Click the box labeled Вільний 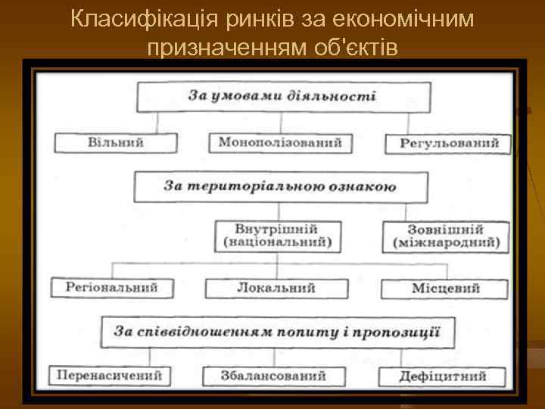click(x=116, y=142)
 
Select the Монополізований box click(x=279, y=142)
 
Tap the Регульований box click(x=449, y=142)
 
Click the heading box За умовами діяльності click(x=282, y=97)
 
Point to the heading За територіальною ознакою click(x=280, y=186)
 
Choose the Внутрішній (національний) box click(x=277, y=236)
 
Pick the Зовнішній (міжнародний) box click(x=446, y=236)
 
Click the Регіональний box click(x=111, y=288)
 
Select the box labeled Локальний click(x=276, y=289)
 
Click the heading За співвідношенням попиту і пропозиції click(x=277, y=331)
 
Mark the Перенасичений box click(x=111, y=375)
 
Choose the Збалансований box click(x=274, y=376)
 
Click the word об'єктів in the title click(x=356, y=48)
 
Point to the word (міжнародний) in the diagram click(x=446, y=242)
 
